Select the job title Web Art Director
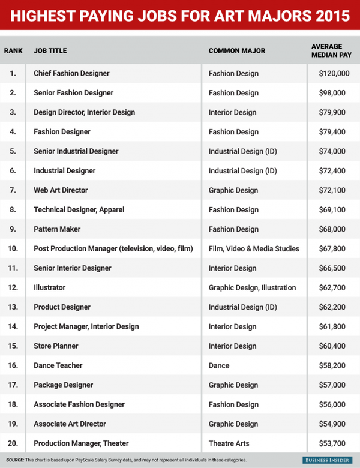click(61, 190)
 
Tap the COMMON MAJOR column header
click(236, 50)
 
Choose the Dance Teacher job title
click(58, 365)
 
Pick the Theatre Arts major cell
click(230, 443)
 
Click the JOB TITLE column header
click(52, 50)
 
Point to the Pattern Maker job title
click(57, 229)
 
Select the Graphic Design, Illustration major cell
click(252, 287)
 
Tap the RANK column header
click(13, 50)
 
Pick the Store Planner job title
click(56, 346)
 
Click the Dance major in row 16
click(218, 365)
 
